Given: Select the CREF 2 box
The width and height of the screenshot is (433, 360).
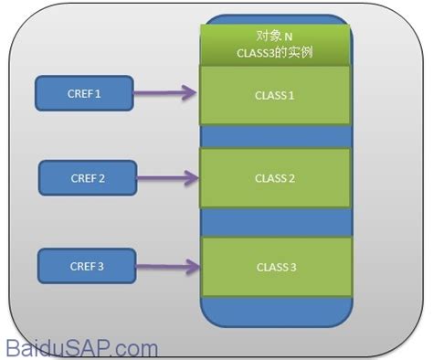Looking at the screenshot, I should pos(88,177).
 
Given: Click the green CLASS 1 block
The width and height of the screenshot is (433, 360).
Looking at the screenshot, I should pos(275,93).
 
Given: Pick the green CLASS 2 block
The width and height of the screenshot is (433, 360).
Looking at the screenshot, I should pos(275,178).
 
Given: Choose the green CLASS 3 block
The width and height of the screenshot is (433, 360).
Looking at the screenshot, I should pos(275,267).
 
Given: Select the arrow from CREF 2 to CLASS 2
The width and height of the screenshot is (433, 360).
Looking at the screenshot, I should pos(168,176).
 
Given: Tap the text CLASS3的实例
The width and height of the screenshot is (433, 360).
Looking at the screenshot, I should pos(275,53).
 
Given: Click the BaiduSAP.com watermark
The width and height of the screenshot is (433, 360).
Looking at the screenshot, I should pos(81,347).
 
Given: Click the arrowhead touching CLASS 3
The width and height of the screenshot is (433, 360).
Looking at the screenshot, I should pos(193,267).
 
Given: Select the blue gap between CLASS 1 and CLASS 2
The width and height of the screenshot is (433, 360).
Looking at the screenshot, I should pos(275,135).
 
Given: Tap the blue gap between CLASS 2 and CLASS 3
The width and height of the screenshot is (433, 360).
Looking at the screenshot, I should pos(275,222).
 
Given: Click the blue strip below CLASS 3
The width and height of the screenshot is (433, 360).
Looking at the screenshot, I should pos(275,311).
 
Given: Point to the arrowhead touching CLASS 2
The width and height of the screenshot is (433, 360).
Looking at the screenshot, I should pos(193,176).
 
